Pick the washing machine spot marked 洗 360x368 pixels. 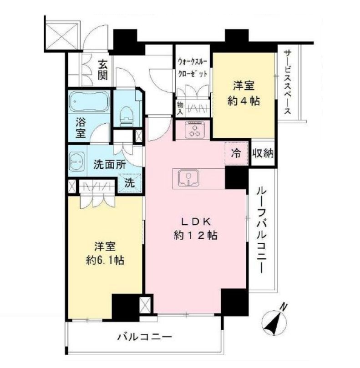tap(129, 184)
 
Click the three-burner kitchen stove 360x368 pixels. tap(196, 131)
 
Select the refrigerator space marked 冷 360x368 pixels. tap(236, 153)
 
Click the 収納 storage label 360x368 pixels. tap(263, 153)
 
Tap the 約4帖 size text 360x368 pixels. tap(243, 101)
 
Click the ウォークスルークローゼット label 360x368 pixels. tap(193, 66)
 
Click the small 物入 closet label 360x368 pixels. tap(180, 107)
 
